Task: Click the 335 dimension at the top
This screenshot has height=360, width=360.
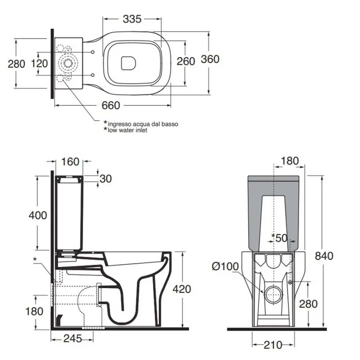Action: pyautogui.click(x=132, y=19)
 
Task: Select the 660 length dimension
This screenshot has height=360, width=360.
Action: pyautogui.click(x=111, y=105)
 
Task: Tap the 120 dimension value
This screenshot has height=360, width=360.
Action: pyautogui.click(x=39, y=64)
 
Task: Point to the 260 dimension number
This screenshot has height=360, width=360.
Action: pyautogui.click(x=186, y=61)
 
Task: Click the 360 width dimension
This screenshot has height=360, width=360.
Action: pyautogui.click(x=210, y=59)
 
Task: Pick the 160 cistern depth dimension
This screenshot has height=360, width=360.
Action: pyautogui.click(x=70, y=162)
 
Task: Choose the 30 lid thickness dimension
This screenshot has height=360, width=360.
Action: pyautogui.click(x=106, y=179)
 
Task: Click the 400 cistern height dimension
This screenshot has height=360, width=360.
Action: pyautogui.click(x=38, y=215)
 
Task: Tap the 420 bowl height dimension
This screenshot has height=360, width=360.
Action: pyautogui.click(x=182, y=289)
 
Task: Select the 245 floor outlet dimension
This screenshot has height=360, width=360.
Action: pyautogui.click(x=73, y=338)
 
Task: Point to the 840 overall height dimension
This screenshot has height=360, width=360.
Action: pyautogui.click(x=324, y=256)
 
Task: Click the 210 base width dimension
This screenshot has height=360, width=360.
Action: pyautogui.click(x=273, y=345)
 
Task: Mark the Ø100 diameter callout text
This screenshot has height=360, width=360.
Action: pyautogui.click(x=225, y=266)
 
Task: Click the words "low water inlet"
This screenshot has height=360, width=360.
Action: pyautogui.click(x=127, y=130)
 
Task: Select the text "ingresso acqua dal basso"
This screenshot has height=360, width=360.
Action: pyautogui.click(x=143, y=124)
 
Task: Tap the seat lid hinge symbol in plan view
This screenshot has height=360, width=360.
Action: pyautogui.click(x=129, y=63)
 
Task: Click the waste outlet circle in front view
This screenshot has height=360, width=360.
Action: pyautogui.click(x=274, y=294)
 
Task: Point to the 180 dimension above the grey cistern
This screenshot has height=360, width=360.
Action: pyautogui.click(x=290, y=161)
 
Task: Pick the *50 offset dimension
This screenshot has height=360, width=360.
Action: pyautogui.click(x=279, y=238)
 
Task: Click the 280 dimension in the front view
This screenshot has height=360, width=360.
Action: pyautogui.click(x=308, y=304)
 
